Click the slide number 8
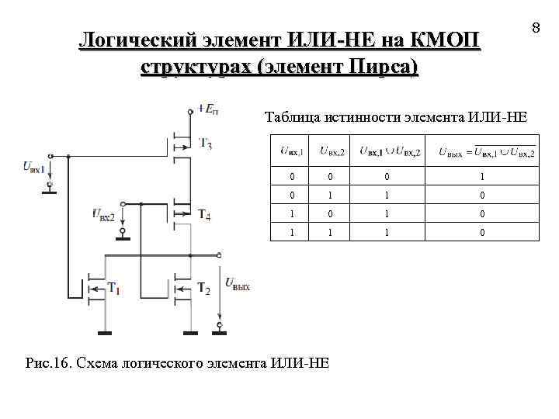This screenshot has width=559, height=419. [535, 29]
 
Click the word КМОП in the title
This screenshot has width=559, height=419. [443, 39]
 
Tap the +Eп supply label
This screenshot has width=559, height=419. [207, 109]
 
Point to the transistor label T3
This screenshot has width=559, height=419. [206, 144]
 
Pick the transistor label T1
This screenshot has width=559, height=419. [113, 289]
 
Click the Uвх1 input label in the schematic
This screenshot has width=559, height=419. [34, 166]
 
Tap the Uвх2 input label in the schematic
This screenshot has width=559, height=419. [102, 213]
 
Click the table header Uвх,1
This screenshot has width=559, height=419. [291, 151]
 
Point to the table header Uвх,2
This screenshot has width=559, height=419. [332, 151]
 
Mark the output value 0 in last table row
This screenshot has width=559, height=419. [481, 232]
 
